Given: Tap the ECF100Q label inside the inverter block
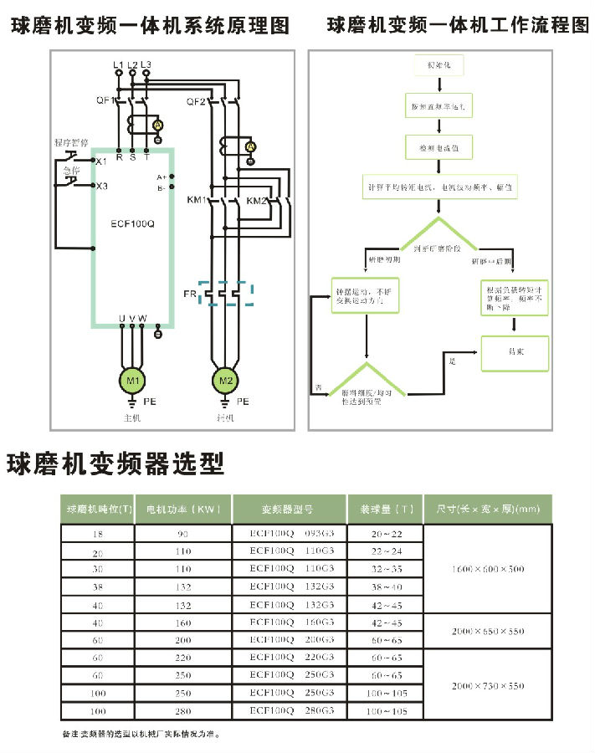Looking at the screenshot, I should [x=133, y=223].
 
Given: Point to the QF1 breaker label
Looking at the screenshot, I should [x=105, y=100].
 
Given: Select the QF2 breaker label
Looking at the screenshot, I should [x=195, y=100].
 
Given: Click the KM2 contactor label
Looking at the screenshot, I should [x=257, y=201].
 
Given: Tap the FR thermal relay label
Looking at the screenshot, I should [x=190, y=295].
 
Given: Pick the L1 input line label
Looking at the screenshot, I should [x=118, y=64].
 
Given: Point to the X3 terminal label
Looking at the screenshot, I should [x=101, y=186].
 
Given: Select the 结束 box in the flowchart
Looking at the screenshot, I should [x=515, y=351].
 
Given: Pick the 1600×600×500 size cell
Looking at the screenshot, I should [x=488, y=569].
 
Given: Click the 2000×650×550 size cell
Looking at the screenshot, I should [x=488, y=631].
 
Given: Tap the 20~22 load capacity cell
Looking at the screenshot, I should [x=387, y=533].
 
